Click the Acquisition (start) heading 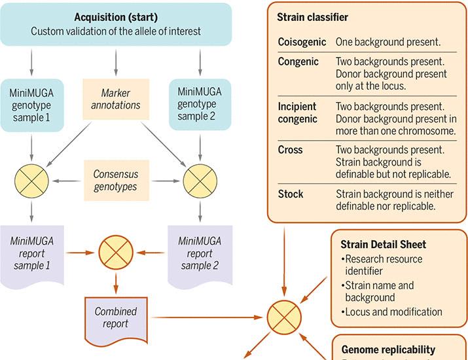116,17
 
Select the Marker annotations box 116,99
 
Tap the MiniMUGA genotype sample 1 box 32,105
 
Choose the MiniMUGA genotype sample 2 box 200,104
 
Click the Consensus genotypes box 116,180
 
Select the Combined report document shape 116,321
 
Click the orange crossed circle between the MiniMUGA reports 116,253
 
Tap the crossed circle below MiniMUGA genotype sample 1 31,181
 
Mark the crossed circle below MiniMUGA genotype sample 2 200,181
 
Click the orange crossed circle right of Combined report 284,317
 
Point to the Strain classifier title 312,17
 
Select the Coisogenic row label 302,42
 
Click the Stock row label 291,194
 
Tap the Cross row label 290,149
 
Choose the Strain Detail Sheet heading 383,244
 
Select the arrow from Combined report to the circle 207,317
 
